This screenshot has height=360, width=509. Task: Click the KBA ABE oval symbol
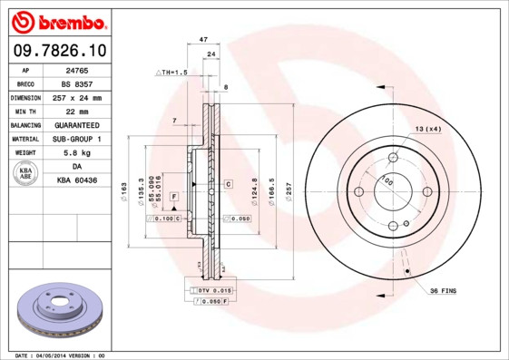[27, 173]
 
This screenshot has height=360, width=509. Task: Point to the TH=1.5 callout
[171, 72]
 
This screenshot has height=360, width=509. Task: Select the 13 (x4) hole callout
[429, 130]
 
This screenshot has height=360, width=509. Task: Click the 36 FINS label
[442, 289]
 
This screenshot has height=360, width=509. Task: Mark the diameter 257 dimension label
[289, 191]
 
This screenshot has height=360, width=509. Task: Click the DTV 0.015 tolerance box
[214, 290]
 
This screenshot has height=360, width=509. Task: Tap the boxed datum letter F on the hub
[172, 197]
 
